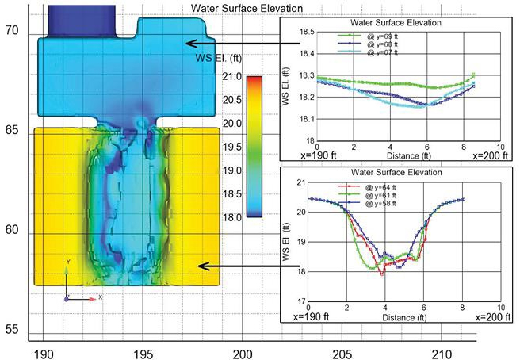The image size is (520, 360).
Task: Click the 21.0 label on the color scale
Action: click(x=231, y=76)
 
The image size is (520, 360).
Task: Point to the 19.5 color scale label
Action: click(x=231, y=147)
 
